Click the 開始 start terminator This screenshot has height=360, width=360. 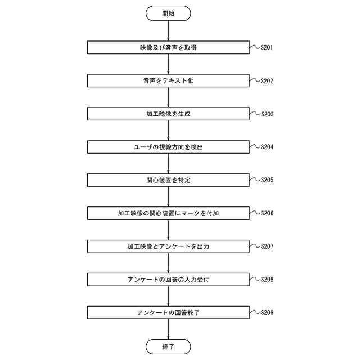click(168, 13)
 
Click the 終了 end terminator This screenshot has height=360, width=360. click(168, 346)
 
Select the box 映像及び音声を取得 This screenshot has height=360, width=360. click(168, 48)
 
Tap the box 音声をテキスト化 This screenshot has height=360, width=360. click(168, 81)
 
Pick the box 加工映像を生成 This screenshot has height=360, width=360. click(168, 114)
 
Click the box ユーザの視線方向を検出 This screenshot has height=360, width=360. click(168, 147)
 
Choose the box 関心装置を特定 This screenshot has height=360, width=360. click(168, 181)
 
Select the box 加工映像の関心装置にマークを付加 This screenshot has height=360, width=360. click(168, 214)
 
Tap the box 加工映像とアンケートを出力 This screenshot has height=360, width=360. click(168, 246)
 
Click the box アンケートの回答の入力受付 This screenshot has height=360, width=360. click(168, 280)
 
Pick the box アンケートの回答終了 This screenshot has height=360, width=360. click(168, 313)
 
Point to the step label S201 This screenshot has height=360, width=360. click(267, 48)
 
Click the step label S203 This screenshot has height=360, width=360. click(267, 114)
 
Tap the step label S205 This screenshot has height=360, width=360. click(267, 181)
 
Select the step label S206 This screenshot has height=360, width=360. click(267, 214)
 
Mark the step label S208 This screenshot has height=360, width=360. click(267, 280)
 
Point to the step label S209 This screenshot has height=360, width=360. click(267, 313)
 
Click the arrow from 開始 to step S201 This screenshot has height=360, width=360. click(168, 31)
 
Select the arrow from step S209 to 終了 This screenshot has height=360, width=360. click(168, 329)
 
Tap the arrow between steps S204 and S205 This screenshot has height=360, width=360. click(168, 164)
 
